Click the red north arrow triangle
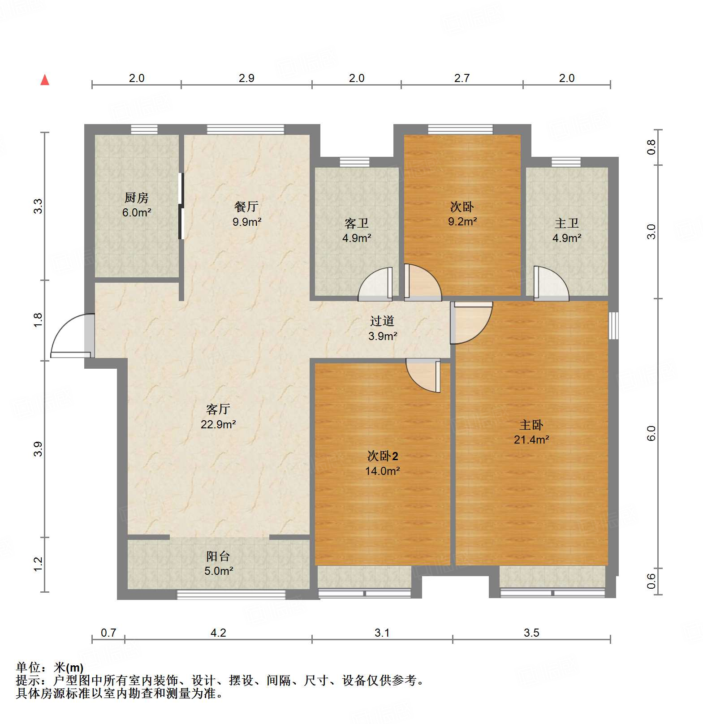[x=45, y=80]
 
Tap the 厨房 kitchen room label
[x=136, y=198]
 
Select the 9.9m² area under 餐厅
[x=246, y=222]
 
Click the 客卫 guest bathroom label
[x=356, y=223]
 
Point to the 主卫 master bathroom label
[x=566, y=223]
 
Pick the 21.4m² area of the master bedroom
[x=531, y=440]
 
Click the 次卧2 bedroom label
[x=382, y=456]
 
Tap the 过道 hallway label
[x=382, y=321]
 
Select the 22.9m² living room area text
[x=218, y=424]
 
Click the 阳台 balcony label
[x=218, y=556]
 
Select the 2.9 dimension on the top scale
[x=246, y=78]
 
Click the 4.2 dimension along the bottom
[x=218, y=633]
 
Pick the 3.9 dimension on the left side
[x=38, y=448]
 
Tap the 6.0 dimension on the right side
[x=651, y=433]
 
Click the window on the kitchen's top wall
[x=144, y=129]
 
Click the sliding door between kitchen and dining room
[x=181, y=206]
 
